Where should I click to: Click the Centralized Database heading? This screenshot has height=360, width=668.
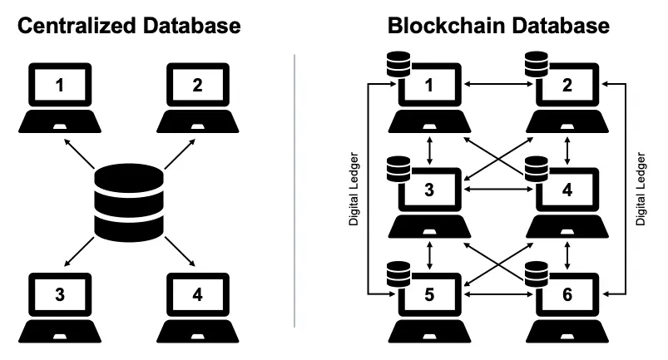[x=129, y=25]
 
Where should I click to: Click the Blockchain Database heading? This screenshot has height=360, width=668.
[x=498, y=25]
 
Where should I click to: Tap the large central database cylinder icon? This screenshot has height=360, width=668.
[x=129, y=200]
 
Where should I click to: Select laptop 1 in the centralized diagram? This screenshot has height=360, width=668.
[x=59, y=96]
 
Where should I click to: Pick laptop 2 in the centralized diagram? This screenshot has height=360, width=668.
[x=198, y=96]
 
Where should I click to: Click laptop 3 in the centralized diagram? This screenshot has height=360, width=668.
[x=59, y=303]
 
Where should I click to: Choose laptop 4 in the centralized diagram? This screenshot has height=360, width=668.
[x=198, y=303]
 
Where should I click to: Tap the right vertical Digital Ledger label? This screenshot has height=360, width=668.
[x=641, y=190]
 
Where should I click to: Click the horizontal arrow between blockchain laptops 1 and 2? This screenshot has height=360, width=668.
[x=498, y=84]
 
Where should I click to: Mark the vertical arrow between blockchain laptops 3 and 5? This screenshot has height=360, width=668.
[x=429, y=249]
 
